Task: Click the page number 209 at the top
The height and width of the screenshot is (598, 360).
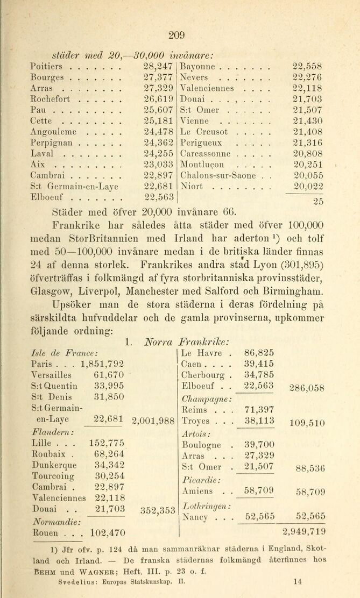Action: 177,36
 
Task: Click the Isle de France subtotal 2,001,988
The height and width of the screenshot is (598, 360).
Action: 154,421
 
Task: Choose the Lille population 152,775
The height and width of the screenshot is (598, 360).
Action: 107,443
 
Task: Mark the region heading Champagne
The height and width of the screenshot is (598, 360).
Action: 207,398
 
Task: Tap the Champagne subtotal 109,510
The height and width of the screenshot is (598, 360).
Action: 307,423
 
